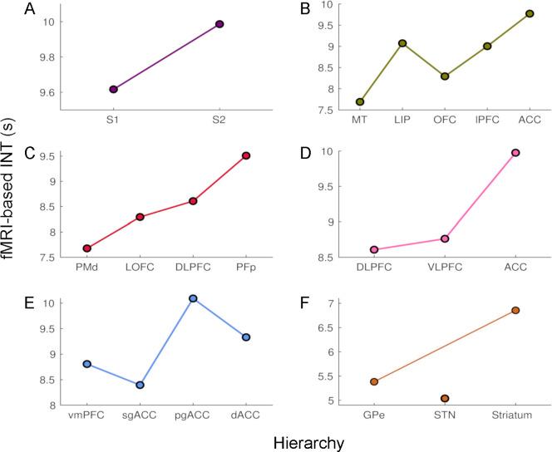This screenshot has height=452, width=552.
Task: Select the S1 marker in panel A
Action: [113, 90]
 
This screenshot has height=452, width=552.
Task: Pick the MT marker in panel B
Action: [337, 101]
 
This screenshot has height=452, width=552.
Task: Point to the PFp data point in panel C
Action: [246, 155]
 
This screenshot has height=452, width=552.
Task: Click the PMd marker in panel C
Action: [87, 248]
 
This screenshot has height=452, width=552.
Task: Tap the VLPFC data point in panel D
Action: [445, 238]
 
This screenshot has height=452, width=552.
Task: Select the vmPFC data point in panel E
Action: [87, 364]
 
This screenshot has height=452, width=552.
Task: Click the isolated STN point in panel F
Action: [445, 398]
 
